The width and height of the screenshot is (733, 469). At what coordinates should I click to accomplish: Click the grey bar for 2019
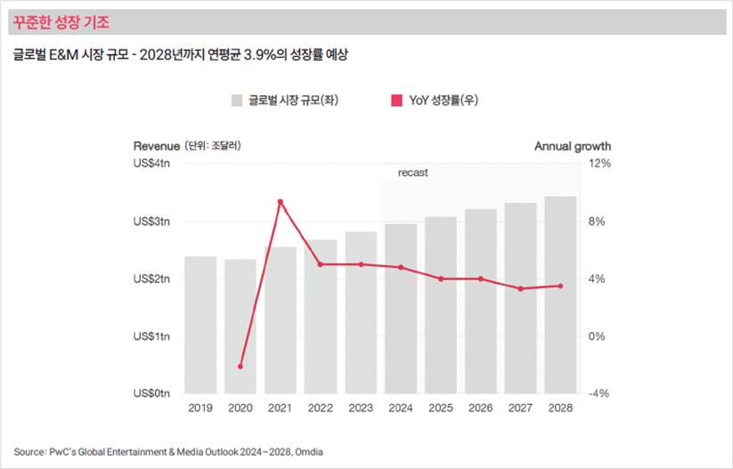click(x=200, y=325)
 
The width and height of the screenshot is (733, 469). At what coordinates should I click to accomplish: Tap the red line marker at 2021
click(x=281, y=202)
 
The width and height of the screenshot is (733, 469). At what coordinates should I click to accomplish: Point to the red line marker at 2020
click(x=240, y=366)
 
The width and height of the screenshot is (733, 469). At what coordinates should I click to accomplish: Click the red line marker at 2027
click(x=520, y=288)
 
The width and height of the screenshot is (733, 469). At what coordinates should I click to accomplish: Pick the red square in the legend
click(x=397, y=101)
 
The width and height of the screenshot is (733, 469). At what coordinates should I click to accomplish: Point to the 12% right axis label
click(x=599, y=164)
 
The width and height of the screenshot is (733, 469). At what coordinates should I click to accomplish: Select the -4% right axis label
click(x=599, y=393)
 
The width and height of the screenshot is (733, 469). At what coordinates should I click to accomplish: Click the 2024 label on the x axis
click(x=400, y=408)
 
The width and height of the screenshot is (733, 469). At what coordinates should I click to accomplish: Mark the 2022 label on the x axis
click(x=320, y=408)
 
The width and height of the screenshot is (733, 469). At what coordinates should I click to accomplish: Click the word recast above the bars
click(x=412, y=173)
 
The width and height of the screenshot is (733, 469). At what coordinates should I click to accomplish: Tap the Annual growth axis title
click(x=573, y=146)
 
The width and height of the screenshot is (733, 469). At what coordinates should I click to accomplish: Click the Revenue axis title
click(x=157, y=146)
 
